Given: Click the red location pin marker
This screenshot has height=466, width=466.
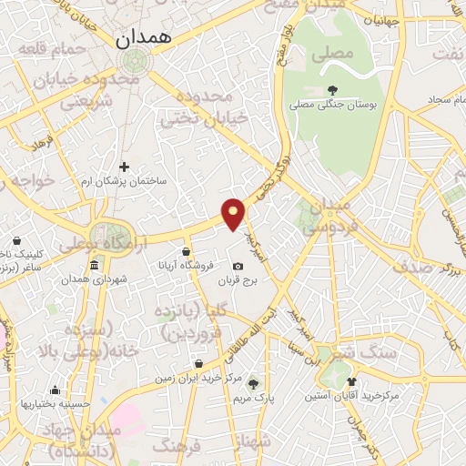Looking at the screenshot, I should (235, 213).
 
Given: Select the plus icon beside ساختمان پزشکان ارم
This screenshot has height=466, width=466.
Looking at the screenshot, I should (125, 167).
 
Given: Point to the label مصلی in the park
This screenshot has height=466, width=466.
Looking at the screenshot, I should (331, 54).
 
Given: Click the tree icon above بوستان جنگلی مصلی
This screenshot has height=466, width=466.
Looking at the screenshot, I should (331, 89).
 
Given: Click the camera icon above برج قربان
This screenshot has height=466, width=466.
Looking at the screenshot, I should (238, 267).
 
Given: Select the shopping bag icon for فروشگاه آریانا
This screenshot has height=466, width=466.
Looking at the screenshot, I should (186, 251).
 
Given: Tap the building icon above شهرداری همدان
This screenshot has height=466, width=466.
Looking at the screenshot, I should (95, 265).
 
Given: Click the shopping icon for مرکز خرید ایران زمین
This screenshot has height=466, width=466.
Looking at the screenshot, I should (198, 364).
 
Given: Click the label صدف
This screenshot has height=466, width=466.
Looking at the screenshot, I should (418, 267).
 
